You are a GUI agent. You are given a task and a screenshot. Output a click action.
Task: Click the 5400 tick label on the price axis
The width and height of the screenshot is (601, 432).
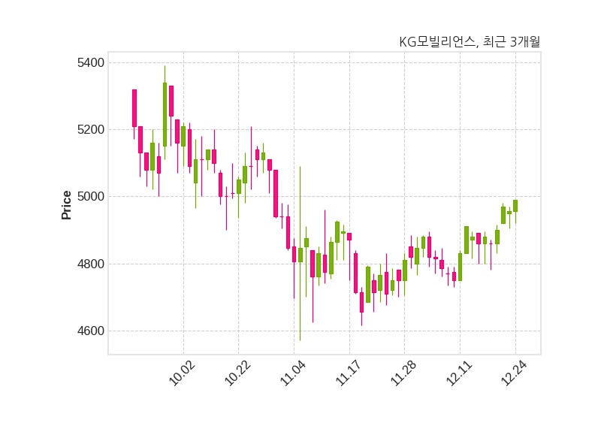pos(91,62)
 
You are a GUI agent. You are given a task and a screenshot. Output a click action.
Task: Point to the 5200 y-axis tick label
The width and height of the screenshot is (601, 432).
pos(91,129)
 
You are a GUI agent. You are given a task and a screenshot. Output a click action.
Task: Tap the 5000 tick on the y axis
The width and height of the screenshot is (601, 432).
pos(91,197)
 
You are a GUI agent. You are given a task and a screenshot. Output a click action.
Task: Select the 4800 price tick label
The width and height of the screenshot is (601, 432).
pos(91,264)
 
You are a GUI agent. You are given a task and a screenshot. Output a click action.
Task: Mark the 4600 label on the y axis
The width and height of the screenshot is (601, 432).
pos(91,331)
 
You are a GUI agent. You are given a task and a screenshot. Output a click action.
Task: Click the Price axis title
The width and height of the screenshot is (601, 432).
pos(67,204)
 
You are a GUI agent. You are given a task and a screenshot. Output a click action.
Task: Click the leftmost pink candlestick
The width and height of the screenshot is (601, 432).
pos(134,108)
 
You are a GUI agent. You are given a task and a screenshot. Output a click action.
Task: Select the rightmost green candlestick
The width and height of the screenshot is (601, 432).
pos(515,206)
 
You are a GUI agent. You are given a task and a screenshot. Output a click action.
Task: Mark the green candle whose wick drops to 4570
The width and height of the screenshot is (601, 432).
pos(300,255)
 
